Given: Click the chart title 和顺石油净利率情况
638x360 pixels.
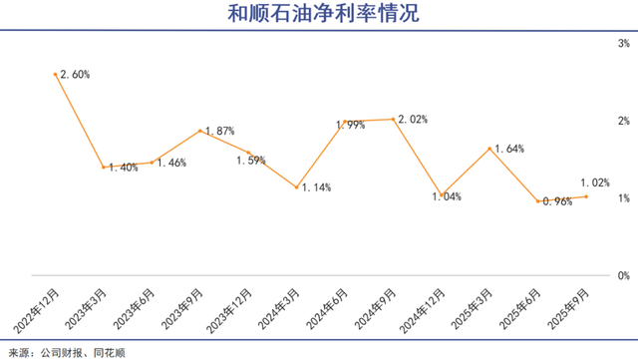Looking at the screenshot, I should click(319, 14).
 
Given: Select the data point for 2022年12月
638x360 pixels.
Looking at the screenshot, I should click(56, 74).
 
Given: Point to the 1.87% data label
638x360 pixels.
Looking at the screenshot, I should click(220, 131).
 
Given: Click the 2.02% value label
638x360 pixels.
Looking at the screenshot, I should click(413, 120).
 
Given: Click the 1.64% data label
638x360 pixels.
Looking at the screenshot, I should click(508, 149).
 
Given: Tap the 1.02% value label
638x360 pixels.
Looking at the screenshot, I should click(595, 182).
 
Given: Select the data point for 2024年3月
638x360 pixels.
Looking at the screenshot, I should click(297, 186).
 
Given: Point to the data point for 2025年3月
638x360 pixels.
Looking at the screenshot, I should click(490, 148).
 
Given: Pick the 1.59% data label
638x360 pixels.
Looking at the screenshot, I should click(251, 161).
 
